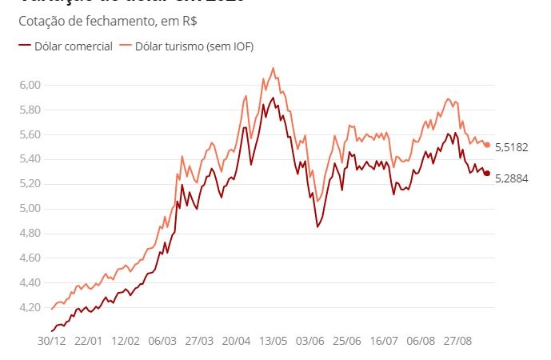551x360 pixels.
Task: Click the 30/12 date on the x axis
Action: (52, 341)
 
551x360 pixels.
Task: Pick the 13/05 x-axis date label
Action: (273, 341)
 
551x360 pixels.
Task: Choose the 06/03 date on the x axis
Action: (162, 341)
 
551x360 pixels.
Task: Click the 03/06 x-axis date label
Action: (309, 341)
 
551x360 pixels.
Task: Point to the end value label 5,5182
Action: (512, 147)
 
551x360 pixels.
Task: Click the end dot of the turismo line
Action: (487, 145)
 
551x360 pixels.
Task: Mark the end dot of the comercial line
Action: (487, 173)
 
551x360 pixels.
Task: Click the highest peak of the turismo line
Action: (274, 68)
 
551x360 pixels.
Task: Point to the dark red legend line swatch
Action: (24, 47)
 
